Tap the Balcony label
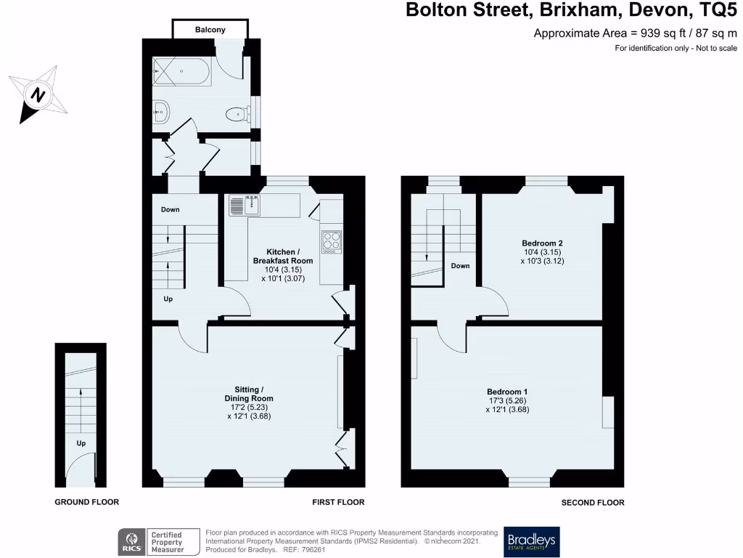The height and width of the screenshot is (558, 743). tap(210, 30)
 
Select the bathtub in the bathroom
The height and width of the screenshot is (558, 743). tap(181, 72)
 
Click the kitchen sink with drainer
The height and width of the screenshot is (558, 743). tap(245, 206)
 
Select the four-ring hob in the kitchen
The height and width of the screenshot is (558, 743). tap(332, 240)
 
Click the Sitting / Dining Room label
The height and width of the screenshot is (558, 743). tap(248, 403)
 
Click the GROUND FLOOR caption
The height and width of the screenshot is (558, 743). tap(87, 502)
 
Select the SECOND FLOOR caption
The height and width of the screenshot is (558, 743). tap(592, 502)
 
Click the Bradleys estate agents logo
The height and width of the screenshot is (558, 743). tap(532, 541)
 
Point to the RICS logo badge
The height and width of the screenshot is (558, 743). tap(159, 541)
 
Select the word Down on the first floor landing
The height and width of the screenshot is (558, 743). tap(171, 209)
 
